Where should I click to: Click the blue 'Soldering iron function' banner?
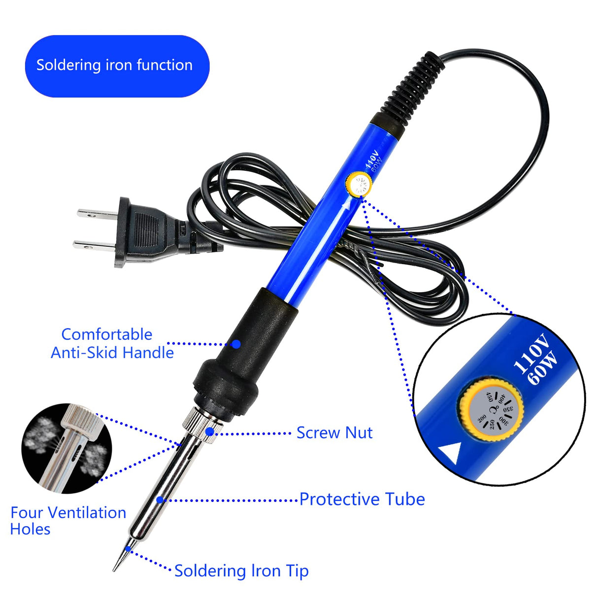[x=117, y=66]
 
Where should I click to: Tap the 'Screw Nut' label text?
[x=334, y=433]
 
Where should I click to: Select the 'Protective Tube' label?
[x=362, y=499]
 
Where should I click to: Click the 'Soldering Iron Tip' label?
[x=241, y=571]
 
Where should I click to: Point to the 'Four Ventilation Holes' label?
[x=68, y=521]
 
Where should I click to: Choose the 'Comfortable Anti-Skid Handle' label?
[x=112, y=343]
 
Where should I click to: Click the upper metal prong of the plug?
[x=97, y=213]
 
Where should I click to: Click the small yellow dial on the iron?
[x=359, y=184]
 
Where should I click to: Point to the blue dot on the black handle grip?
[x=236, y=344]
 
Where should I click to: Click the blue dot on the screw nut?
[x=210, y=432]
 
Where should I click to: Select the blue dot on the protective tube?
[x=160, y=499]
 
